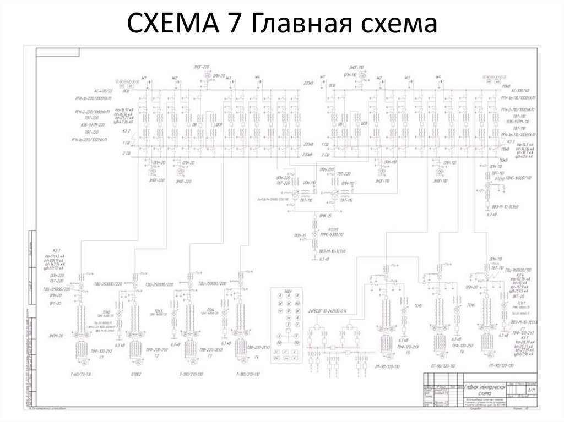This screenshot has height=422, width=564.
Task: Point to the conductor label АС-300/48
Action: [x=519, y=90]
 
